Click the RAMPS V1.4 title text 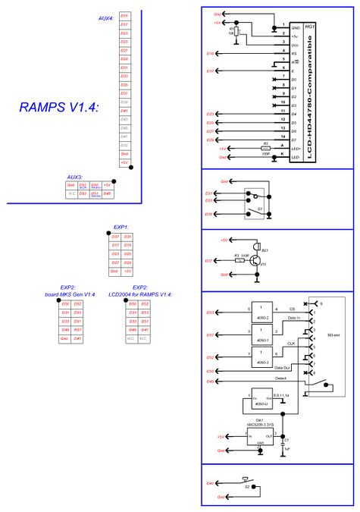pos(59,108)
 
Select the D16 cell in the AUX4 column pos(124,15)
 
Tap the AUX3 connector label pos(75,176)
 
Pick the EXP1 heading pos(121,227)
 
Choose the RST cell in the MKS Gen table pos(78,330)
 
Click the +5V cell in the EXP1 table pos(128,271)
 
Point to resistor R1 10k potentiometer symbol pos(236,33)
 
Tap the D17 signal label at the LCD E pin pos(210,71)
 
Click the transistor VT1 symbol pos(258,261)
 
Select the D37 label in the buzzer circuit pos(210,261)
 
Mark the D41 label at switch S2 pos(210,483)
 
